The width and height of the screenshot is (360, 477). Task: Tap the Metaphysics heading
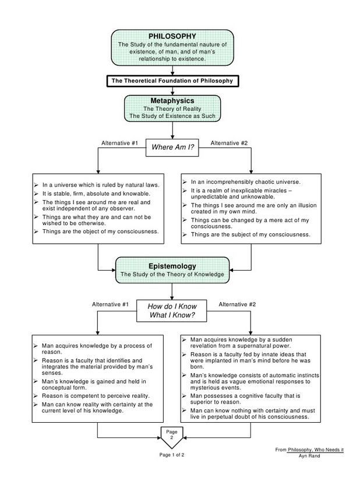click(x=172, y=101)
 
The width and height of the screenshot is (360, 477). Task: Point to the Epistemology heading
click(x=172, y=266)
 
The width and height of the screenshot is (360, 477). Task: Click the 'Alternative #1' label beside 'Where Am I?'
click(x=119, y=143)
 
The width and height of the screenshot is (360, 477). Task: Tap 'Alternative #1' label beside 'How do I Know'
click(x=110, y=304)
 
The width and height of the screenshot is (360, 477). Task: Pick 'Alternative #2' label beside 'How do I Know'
click(x=237, y=304)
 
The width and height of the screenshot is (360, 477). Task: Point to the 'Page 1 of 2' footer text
click(x=172, y=454)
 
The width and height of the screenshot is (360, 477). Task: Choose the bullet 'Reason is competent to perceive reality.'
click(x=92, y=395)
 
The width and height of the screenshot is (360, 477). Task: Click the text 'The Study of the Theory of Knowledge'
click(x=172, y=274)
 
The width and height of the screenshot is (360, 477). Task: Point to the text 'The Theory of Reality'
click(x=172, y=109)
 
